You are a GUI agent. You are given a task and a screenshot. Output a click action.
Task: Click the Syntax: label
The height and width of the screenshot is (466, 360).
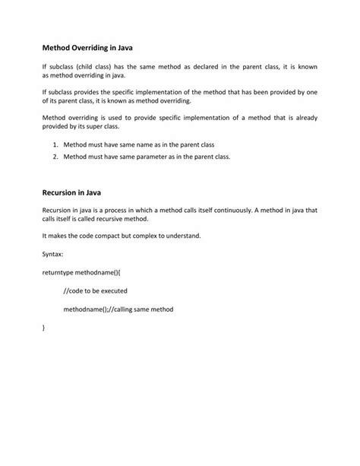(54, 254)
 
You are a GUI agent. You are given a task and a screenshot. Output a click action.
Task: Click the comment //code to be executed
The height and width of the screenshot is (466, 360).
(95, 290)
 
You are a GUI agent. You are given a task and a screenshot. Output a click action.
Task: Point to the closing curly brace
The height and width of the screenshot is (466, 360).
(44, 328)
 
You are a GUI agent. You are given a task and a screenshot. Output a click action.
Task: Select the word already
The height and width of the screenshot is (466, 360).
(303, 117)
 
